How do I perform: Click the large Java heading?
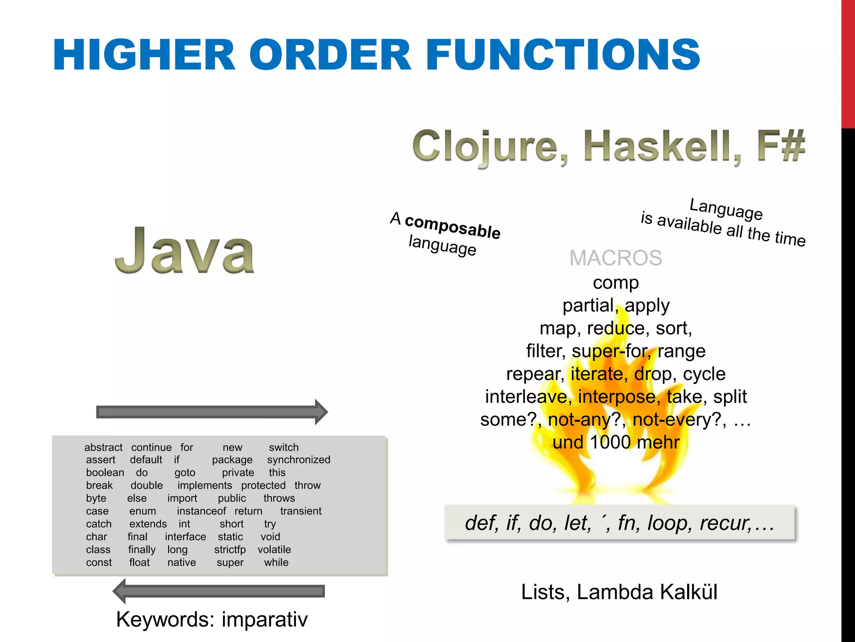coord(185,251)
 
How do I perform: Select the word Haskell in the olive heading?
coord(663,146)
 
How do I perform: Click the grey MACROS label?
coord(616,257)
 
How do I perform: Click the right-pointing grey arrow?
coord(212,412)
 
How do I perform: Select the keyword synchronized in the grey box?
coord(298,460)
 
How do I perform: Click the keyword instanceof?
coord(201,511)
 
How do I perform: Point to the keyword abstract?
coord(104,447)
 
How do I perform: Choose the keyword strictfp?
coord(230,550)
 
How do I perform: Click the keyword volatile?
coord(274,550)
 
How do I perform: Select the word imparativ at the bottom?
coord(265,619)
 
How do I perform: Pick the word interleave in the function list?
coord(526,397)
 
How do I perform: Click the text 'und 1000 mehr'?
coord(616,442)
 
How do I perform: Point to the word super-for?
coord(610,351)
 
